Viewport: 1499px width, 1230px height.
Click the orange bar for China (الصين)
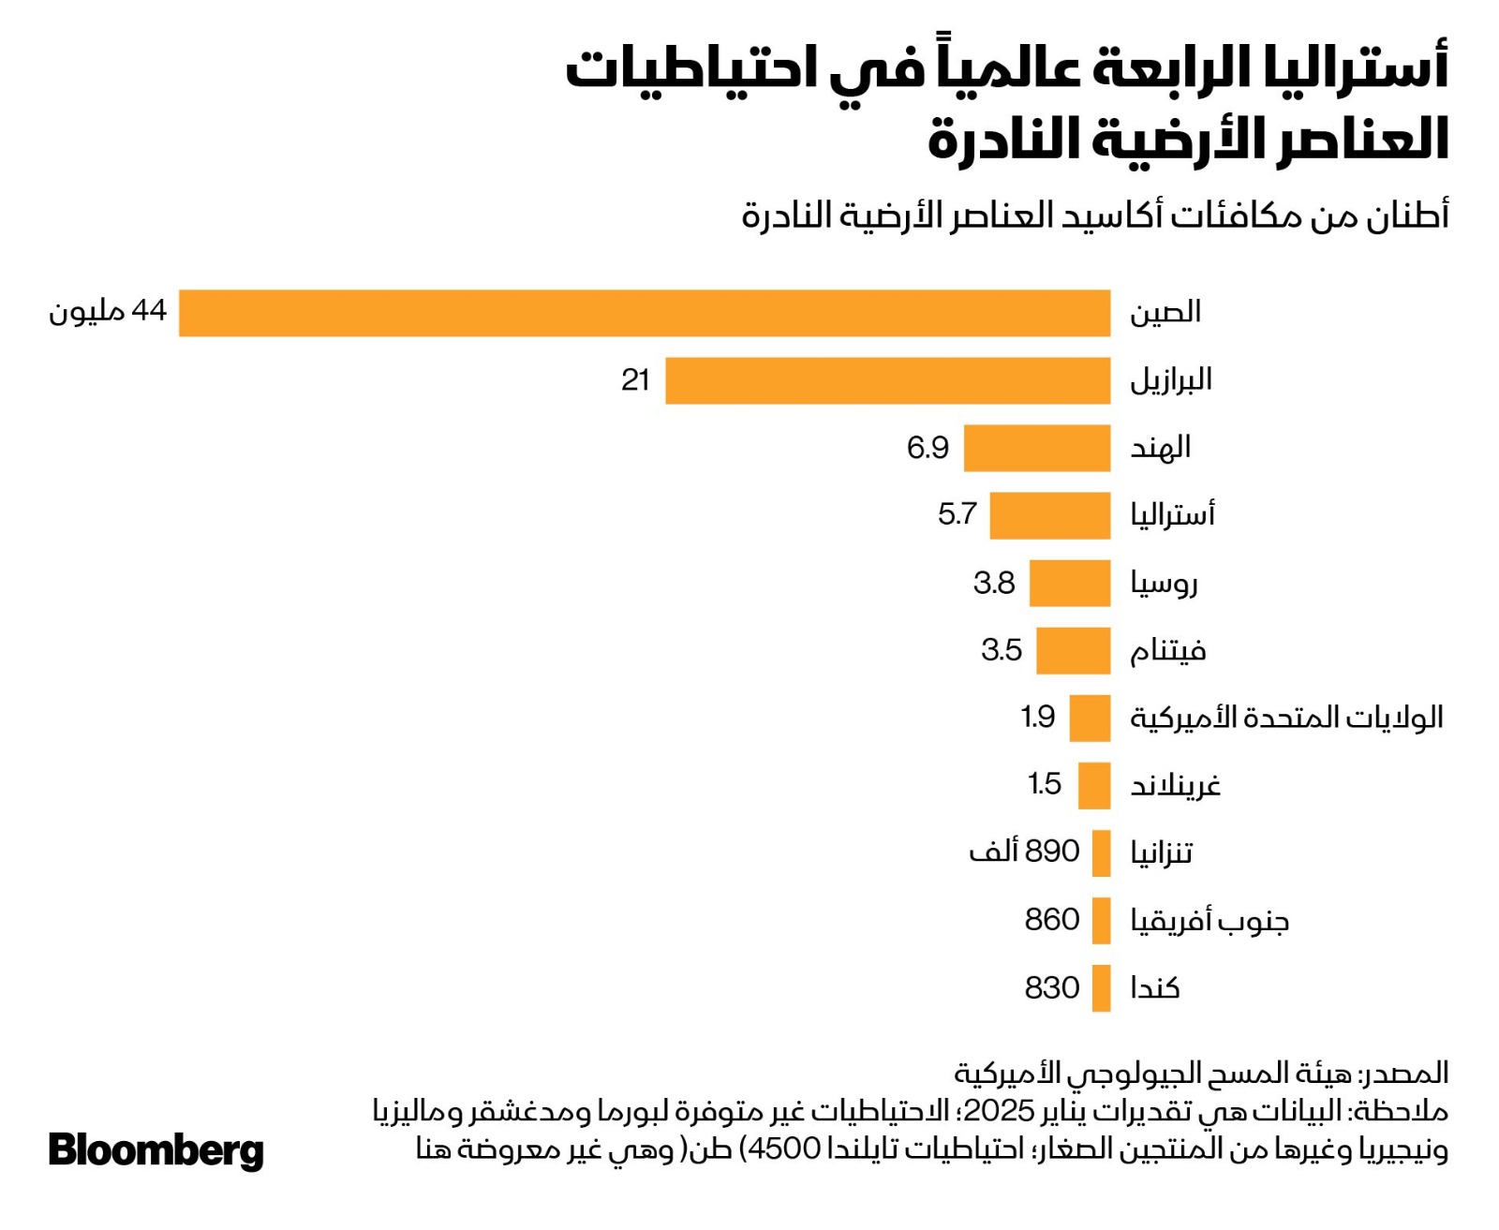(x=645, y=313)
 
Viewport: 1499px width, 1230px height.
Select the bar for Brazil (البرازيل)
(x=887, y=380)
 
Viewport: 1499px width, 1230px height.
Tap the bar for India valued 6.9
(x=1036, y=448)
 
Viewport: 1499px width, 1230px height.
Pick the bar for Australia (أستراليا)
(x=1049, y=515)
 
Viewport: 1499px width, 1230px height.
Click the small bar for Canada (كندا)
(x=1101, y=988)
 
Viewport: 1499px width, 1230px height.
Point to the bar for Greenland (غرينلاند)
(x=1093, y=785)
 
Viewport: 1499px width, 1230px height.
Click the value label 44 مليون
(x=108, y=311)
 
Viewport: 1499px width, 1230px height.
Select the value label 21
(x=635, y=379)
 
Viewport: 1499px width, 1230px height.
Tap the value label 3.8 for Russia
(x=994, y=583)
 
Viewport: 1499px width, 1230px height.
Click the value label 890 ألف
(x=1024, y=852)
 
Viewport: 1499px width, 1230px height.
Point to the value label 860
(x=1052, y=920)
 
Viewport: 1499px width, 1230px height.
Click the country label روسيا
(x=1164, y=584)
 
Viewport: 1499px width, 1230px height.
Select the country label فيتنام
(x=1167, y=651)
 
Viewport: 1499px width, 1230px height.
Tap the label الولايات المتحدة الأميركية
(x=1285, y=719)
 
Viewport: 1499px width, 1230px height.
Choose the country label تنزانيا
(x=1161, y=852)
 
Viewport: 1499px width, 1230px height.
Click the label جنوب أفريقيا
(x=1210, y=921)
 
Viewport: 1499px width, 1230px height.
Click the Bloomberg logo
(x=156, y=1150)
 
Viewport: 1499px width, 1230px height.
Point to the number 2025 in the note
(x=999, y=1111)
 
